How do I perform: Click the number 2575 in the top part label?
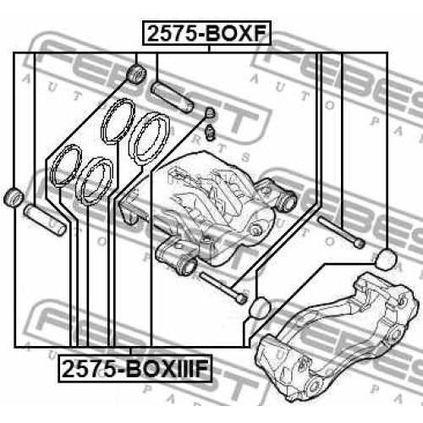click(172, 34)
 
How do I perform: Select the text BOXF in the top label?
click(235, 34)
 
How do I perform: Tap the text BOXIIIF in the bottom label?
click(167, 369)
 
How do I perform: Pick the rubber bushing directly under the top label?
click(136, 74)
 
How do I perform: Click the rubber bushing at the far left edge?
click(14, 196)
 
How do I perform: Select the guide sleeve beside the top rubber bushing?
click(172, 97)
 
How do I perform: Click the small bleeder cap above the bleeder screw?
click(210, 113)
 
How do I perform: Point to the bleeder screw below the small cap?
click(211, 131)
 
